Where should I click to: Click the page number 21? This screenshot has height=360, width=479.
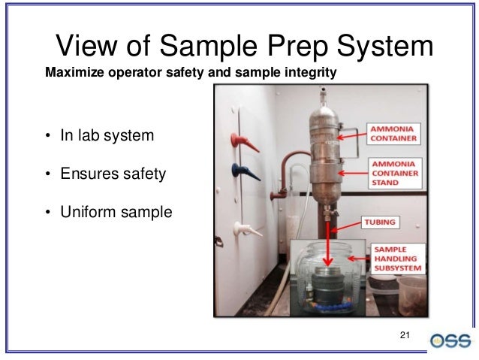pyautogui.click(x=406, y=334)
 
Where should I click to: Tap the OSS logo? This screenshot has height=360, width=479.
pyautogui.click(x=451, y=340)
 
